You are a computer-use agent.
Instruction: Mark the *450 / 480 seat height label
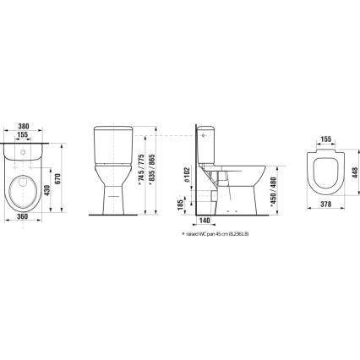(x=268, y=195)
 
